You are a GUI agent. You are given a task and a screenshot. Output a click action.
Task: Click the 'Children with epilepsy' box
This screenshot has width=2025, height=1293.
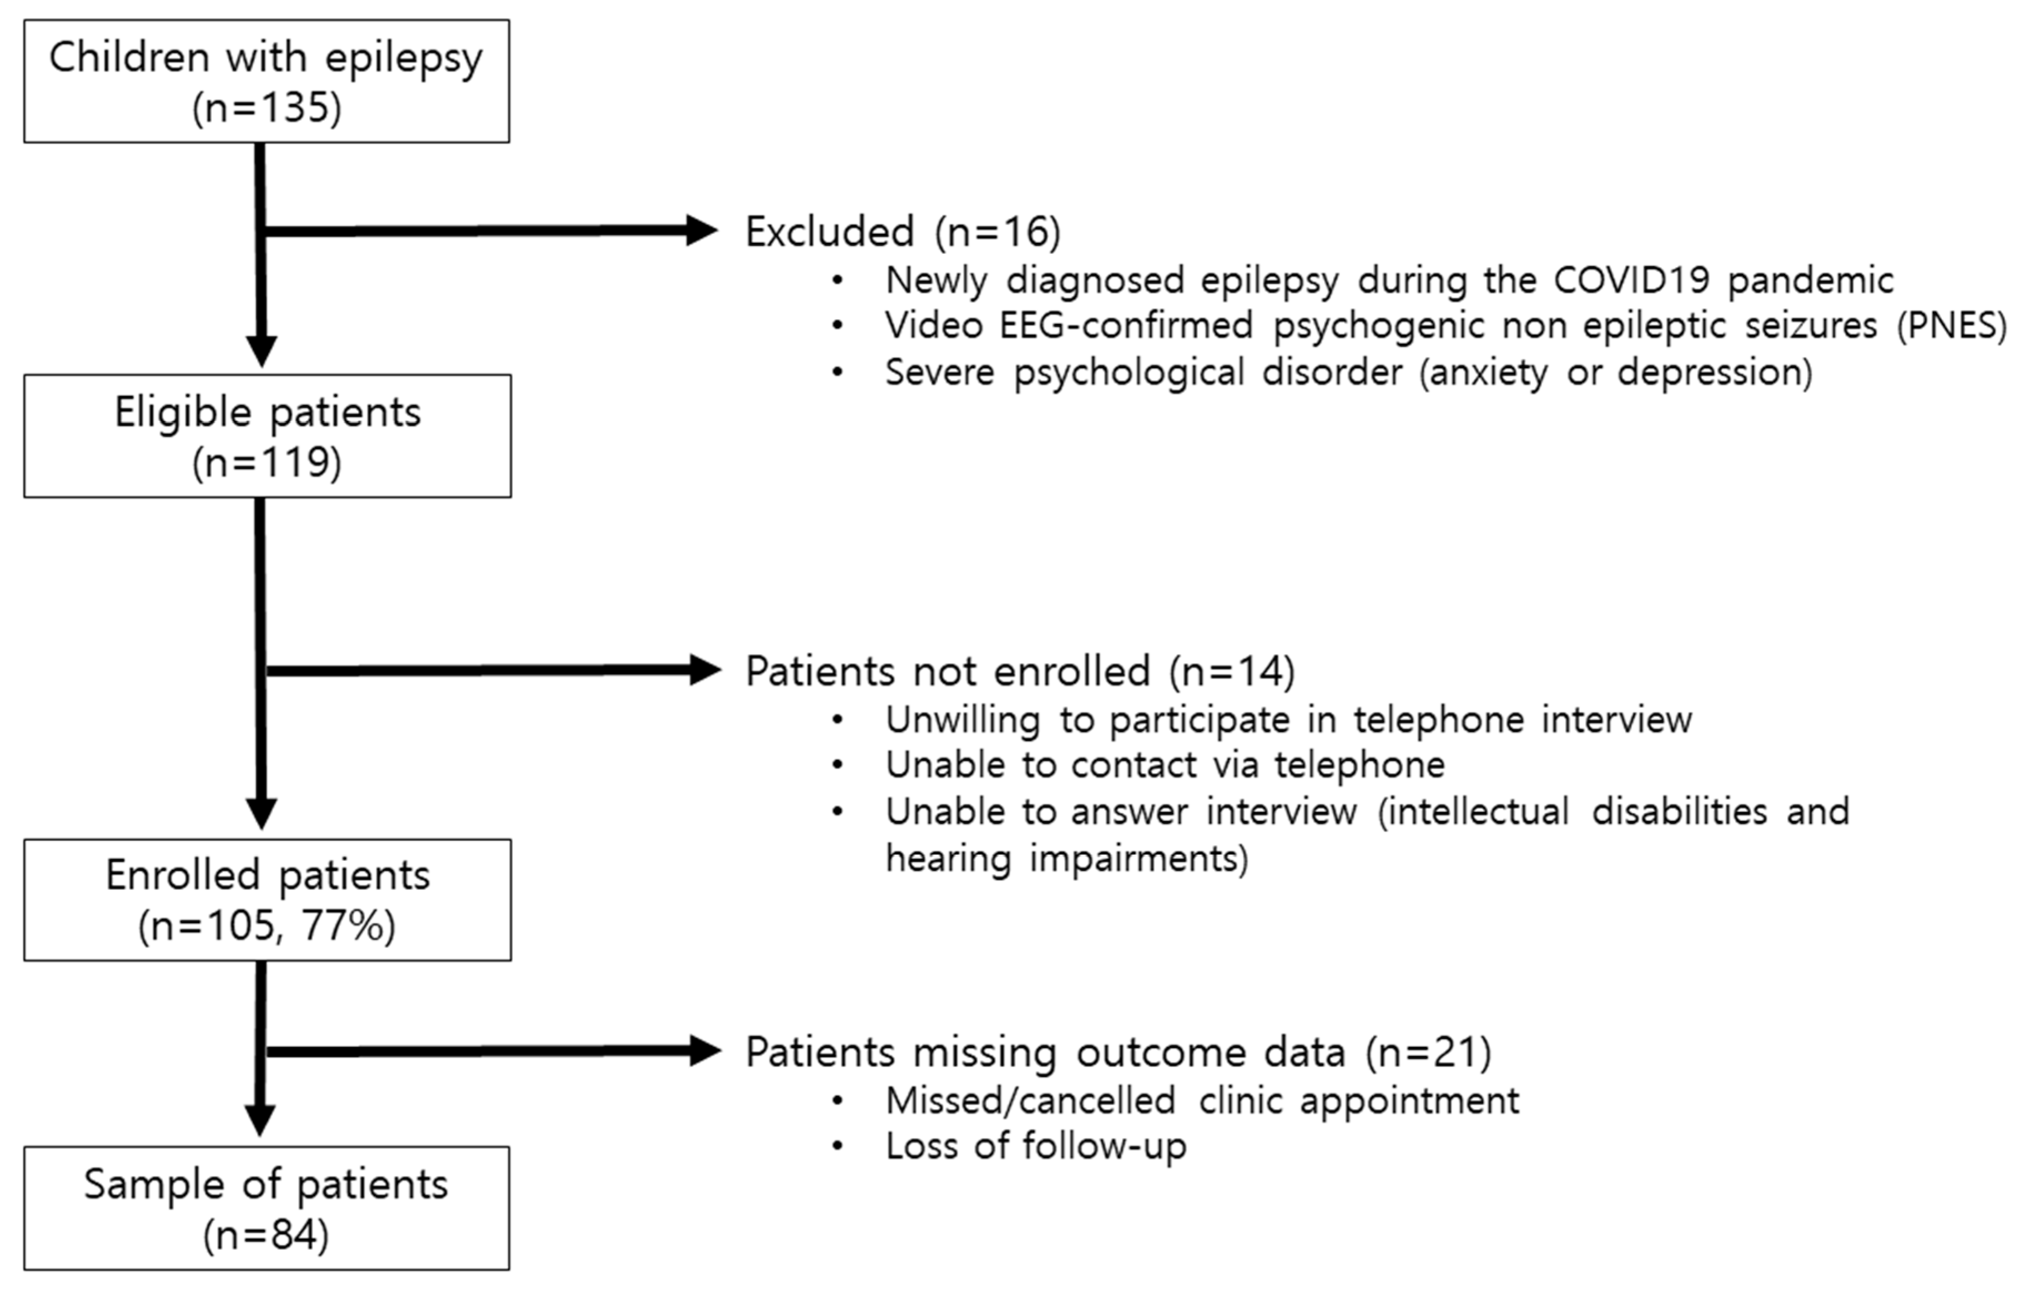pos(266,82)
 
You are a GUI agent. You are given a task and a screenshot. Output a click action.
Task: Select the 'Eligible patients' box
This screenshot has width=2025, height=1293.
pos(266,436)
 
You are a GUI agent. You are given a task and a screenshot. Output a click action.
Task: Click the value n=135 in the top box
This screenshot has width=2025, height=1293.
pos(266,108)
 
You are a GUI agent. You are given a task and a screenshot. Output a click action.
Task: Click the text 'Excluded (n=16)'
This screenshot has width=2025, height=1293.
pos(903,232)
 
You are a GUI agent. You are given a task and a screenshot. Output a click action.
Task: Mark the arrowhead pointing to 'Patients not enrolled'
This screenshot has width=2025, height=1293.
pos(705,670)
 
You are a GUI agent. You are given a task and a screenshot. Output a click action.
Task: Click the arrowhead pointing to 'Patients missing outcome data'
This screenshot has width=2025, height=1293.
pos(705,1051)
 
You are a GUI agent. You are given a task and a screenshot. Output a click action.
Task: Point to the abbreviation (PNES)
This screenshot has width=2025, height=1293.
pos(1952,325)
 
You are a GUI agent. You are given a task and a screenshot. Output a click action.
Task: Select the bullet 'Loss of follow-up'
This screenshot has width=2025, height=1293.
pos(1035,1146)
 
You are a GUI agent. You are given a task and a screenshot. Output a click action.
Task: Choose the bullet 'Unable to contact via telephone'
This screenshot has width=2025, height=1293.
pos(1165,765)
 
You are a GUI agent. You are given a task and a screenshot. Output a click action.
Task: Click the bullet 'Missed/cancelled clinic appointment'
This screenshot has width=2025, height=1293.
pos(1202,1100)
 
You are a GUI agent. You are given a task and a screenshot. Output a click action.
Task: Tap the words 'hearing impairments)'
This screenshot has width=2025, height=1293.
pos(1066,859)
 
